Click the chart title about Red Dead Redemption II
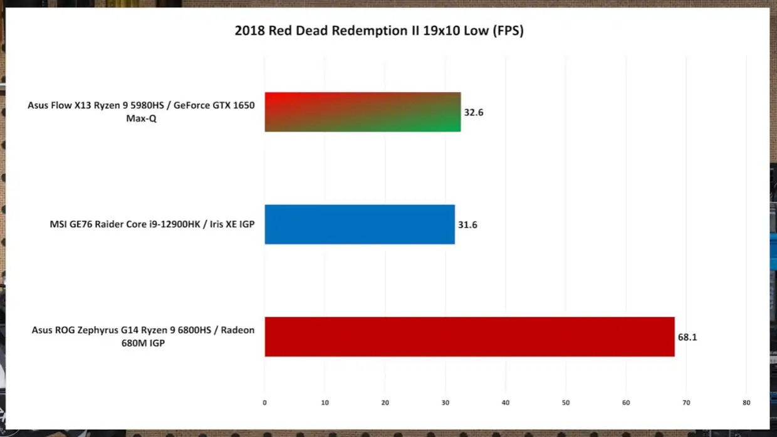(x=378, y=31)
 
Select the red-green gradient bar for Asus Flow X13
(x=362, y=112)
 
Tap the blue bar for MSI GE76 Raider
(x=359, y=224)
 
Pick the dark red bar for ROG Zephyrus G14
(x=469, y=337)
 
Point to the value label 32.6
(x=474, y=113)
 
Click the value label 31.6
(x=467, y=224)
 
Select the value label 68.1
(x=687, y=337)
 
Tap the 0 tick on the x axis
(x=264, y=403)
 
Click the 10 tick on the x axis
(x=325, y=403)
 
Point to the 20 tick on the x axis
(x=385, y=403)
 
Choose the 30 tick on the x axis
(x=445, y=403)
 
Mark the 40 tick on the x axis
(x=505, y=403)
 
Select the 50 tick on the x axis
(x=565, y=403)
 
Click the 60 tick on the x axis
(x=625, y=403)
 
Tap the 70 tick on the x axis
(x=686, y=403)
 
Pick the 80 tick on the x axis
(x=746, y=403)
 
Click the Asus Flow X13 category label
(x=141, y=112)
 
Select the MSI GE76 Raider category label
(x=152, y=224)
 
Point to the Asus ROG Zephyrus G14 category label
(x=143, y=337)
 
